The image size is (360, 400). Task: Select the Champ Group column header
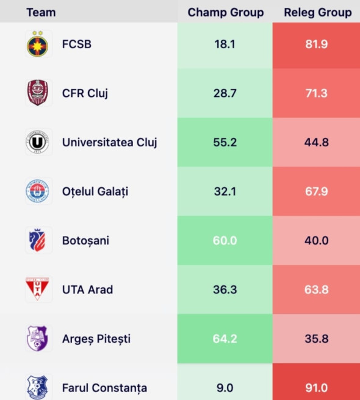[x=225, y=12]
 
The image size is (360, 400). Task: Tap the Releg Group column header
[x=317, y=12]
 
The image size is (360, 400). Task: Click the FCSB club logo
[x=38, y=45]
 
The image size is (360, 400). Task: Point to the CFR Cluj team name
[x=85, y=93]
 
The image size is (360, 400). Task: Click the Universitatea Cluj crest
[x=38, y=143]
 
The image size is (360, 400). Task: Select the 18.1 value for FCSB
[x=225, y=45]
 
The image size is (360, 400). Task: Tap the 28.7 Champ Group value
[x=225, y=93]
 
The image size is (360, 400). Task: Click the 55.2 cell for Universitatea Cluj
[x=225, y=143]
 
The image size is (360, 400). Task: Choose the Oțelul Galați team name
[x=95, y=191]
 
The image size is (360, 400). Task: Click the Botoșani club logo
[x=38, y=241]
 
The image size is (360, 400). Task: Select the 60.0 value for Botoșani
[x=225, y=241]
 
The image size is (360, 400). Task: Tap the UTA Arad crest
[x=38, y=290]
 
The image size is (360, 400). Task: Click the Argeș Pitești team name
[x=96, y=339]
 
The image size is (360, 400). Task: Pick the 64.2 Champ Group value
[x=225, y=339]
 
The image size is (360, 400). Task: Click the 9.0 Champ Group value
[x=225, y=388]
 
